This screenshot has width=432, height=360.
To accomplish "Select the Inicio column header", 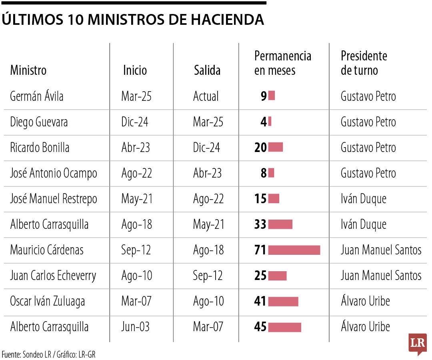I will click(135, 70).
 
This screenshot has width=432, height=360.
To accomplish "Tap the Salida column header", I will click(207, 70).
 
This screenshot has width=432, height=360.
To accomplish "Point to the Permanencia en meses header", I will click(282, 63).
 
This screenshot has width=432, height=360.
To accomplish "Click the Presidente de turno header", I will click(364, 63).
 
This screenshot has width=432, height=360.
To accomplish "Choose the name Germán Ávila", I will click(37, 96).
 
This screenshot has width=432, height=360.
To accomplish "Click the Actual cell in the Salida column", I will click(206, 96).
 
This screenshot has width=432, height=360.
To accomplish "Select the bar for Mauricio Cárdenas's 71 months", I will click(294, 250).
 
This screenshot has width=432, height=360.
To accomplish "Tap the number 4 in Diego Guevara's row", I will click(264, 122).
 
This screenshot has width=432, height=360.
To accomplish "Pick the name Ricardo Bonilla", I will click(40, 148).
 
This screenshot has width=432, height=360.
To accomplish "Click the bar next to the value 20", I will click(275, 148).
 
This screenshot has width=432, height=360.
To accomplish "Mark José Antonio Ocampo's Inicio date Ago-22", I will click(136, 173).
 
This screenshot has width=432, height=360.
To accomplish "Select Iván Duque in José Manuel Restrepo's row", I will click(363, 199).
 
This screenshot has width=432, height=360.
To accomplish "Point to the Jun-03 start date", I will click(135, 327).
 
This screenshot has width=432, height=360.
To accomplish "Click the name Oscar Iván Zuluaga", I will click(47, 301).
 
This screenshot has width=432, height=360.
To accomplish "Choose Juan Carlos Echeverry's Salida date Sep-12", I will click(208, 276).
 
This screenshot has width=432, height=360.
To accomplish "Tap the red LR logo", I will click(417, 343).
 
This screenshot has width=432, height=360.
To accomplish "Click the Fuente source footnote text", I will click(48, 354).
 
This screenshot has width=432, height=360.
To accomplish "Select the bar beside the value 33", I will click(280, 224).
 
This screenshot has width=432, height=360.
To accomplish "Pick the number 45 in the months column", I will click(260, 327).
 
